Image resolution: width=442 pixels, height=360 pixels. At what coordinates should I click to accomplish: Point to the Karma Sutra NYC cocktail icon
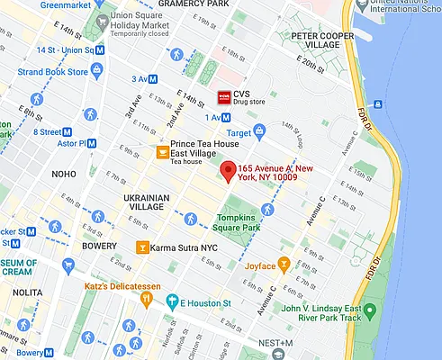click(141, 247)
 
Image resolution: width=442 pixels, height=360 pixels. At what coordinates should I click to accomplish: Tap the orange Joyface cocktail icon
click(284, 265)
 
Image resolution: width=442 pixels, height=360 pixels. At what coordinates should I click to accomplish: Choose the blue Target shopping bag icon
click(259, 131)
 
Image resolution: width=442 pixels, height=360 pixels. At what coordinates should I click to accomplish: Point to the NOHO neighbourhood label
click(63, 173)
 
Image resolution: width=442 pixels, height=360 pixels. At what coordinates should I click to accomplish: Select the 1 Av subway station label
click(216, 116)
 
